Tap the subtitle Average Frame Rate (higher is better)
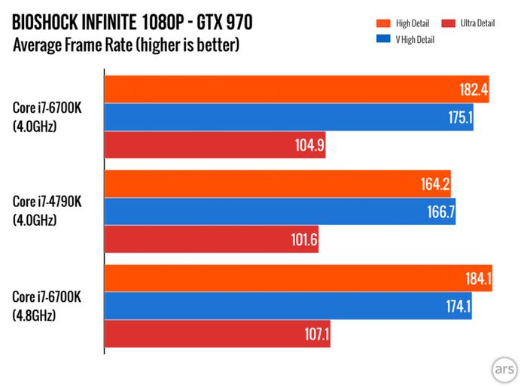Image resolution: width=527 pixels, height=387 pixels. point(126,46)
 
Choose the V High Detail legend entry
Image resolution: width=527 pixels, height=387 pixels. point(411,38)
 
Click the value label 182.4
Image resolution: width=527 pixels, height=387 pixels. point(474,90)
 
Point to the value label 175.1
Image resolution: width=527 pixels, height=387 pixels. point(458,117)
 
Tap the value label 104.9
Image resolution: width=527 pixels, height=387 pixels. point(309,145)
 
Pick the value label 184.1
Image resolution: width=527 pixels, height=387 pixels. point(476,280)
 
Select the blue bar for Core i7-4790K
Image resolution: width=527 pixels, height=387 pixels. point(279,212)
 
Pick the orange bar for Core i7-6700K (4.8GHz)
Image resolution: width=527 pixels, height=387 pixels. point(297,279)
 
